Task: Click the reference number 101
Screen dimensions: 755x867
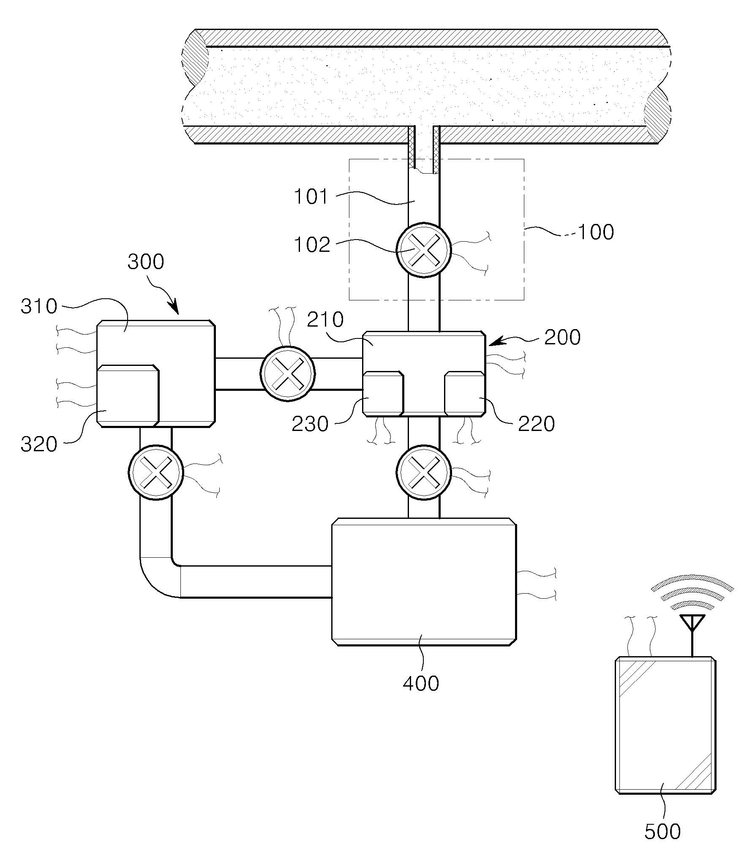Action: click(311, 197)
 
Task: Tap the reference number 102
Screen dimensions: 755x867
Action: click(312, 245)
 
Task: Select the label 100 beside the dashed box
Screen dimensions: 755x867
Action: click(596, 232)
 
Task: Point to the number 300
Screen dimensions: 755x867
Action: click(146, 262)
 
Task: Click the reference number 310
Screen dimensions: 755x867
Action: click(39, 306)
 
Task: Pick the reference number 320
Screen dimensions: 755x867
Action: click(39, 445)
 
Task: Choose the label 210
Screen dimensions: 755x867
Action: click(325, 320)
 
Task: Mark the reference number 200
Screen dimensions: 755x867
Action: click(562, 338)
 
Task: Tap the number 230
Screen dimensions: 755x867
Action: click(310, 424)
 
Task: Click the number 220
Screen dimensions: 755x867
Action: click(537, 424)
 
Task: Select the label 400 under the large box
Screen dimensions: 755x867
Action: click(421, 683)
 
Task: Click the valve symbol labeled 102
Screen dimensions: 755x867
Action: click(424, 250)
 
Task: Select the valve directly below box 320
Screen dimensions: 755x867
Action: click(156, 472)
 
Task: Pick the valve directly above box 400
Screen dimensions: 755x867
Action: click(424, 473)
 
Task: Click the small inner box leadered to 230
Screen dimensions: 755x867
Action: click(383, 393)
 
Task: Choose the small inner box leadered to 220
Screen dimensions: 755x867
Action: click(464, 393)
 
